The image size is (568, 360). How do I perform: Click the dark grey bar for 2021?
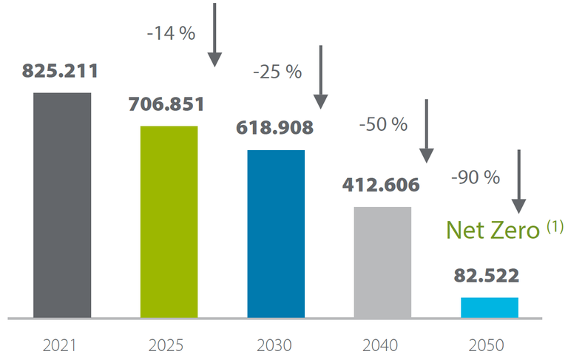click(62, 206)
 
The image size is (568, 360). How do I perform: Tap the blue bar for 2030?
click(276, 234)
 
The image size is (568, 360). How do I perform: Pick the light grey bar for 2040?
click(382, 262)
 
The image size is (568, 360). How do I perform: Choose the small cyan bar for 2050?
click(490, 308)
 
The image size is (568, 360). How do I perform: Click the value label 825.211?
click(61, 72)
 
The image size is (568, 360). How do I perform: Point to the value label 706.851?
click(166, 105)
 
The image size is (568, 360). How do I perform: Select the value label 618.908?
click(275, 126)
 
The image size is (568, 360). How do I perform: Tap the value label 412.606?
click(382, 184)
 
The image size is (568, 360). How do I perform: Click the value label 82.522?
click(487, 276)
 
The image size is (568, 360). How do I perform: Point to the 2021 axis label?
click(62, 345)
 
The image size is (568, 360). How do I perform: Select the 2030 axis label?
click(276, 345)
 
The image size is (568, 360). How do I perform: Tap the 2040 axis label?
click(382, 345)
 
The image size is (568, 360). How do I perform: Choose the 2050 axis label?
click(489, 345)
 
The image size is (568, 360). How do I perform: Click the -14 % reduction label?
click(172, 34)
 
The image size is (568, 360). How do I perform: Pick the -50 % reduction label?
click(383, 124)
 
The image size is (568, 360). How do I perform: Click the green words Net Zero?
click(494, 230)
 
